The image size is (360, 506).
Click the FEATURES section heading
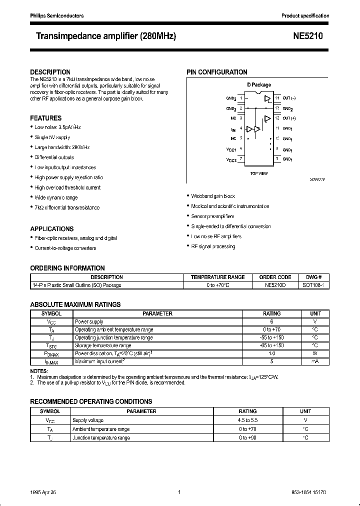point(46,118)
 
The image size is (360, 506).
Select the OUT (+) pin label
point(289,118)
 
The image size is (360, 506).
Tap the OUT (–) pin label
point(289,98)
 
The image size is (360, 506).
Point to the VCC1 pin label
point(231,149)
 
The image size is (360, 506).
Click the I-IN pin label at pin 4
point(233,128)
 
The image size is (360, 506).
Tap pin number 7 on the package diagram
point(241,159)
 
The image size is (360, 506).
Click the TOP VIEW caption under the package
point(258,173)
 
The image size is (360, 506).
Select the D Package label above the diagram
point(258,85)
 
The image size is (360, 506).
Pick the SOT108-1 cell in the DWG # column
point(313,285)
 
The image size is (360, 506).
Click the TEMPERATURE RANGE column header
point(217,277)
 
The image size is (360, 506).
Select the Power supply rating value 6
point(271,322)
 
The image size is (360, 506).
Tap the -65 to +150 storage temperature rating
point(271,345)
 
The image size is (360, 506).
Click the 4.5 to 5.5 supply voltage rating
point(247,420)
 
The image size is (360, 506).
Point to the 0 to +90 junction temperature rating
point(247,437)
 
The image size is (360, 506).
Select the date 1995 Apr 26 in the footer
point(41,492)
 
